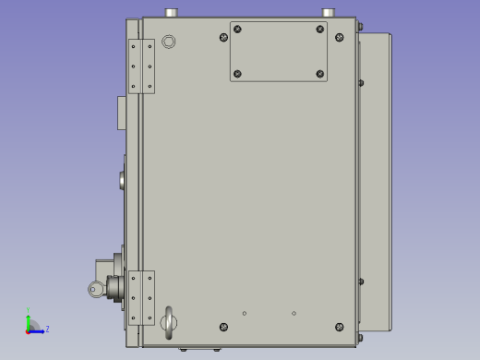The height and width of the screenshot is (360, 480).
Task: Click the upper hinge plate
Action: click(141, 66)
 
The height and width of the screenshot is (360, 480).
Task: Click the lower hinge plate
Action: click(141, 297)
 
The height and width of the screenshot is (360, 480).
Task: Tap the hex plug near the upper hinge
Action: click(168, 42)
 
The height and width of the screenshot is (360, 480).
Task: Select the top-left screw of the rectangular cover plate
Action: click(237, 30)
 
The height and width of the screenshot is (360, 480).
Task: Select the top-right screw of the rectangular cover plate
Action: click(320, 30)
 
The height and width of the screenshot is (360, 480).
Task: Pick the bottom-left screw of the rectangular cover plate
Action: click(237, 74)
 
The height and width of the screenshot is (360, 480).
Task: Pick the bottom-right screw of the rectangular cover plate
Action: click(320, 74)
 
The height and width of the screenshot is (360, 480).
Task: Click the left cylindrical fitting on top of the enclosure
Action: click(171, 13)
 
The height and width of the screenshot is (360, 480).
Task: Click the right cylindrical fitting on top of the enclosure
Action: click(328, 13)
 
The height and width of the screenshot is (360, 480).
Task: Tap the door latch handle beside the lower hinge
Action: click(168, 319)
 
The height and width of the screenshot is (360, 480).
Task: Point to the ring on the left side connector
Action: click(96, 290)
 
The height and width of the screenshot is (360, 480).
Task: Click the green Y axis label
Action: click(29, 311)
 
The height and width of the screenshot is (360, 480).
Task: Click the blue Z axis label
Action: click(47, 329)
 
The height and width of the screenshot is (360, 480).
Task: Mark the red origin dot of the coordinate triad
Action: click(29, 330)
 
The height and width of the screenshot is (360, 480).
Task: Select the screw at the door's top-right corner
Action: click(339, 38)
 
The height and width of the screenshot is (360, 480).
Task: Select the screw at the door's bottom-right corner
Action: click(339, 327)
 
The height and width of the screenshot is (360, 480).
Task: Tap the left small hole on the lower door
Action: click(245, 313)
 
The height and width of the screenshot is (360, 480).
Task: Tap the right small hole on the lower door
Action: click(294, 313)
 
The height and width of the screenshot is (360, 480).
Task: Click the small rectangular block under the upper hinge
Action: click(122, 113)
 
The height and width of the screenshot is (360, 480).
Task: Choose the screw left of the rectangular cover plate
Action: click(223, 38)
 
